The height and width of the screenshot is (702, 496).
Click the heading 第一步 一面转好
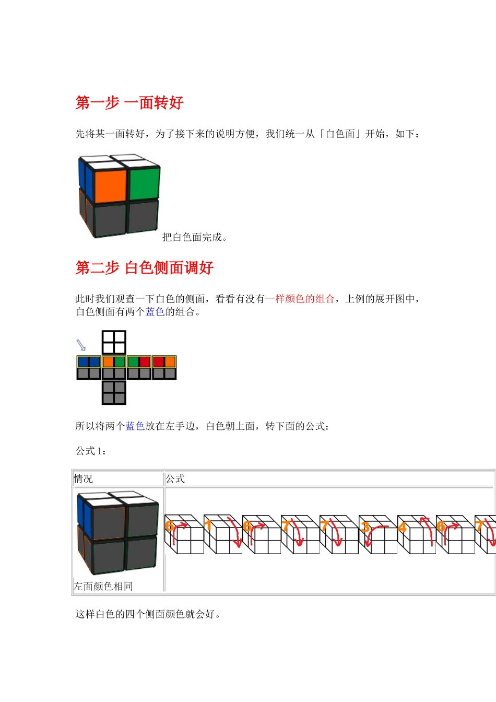pyautogui.click(x=129, y=103)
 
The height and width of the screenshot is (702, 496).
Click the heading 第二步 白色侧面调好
pyautogui.click(x=145, y=268)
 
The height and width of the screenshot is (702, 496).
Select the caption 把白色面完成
pyautogui.click(x=194, y=238)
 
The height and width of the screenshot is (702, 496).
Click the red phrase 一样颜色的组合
pyautogui.click(x=300, y=299)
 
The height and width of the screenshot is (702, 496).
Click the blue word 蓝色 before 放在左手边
pyautogui.click(x=135, y=426)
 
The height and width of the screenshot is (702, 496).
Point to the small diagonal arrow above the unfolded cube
pyautogui.click(x=81, y=345)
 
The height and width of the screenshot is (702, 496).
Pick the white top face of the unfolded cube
pyautogui.click(x=114, y=343)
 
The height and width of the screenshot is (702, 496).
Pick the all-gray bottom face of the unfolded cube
pyautogui.click(x=114, y=392)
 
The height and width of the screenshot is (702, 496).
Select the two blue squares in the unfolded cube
pyautogui.click(x=89, y=362)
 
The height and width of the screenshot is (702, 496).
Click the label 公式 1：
pyautogui.click(x=91, y=451)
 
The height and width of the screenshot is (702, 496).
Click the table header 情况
pyautogui.click(x=84, y=478)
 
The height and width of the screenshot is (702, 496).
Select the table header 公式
pyautogui.click(x=175, y=478)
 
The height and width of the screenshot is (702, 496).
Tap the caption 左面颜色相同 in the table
pyautogui.click(x=103, y=586)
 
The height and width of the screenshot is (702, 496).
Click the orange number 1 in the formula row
pyautogui.click(x=208, y=525)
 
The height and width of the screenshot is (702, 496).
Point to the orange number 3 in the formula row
pyautogui.click(x=365, y=526)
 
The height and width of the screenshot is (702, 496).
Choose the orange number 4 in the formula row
pyautogui.click(x=402, y=527)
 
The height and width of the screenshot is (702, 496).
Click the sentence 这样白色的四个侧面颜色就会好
pyautogui.click(x=148, y=614)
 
